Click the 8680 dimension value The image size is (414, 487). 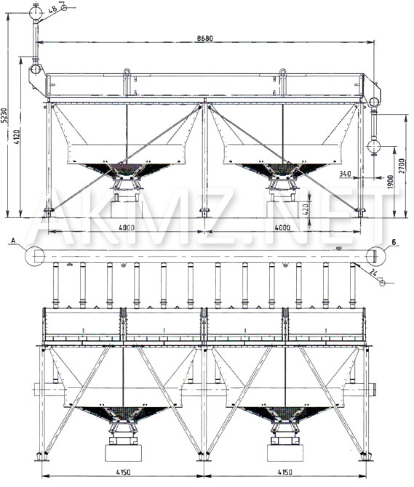(x=204, y=38)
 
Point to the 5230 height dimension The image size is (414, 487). (x=4, y=116)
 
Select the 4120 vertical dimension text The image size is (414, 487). (x=17, y=137)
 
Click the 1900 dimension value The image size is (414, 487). (x=391, y=182)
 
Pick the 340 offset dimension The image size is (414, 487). (x=345, y=173)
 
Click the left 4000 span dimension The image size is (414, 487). (x=127, y=228)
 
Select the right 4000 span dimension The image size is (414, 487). (x=282, y=228)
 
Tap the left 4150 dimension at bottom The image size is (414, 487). (x=124, y=472)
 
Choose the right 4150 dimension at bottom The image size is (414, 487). (x=284, y=472)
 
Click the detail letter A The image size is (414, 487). (x=13, y=240)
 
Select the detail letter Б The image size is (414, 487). (x=394, y=242)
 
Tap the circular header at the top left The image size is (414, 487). (x=36, y=13)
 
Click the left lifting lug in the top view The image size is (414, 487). (x=127, y=72)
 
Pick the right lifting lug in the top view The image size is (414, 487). (x=282, y=72)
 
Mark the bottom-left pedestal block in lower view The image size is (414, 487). (x=124, y=453)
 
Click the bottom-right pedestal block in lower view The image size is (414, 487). (x=285, y=453)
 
